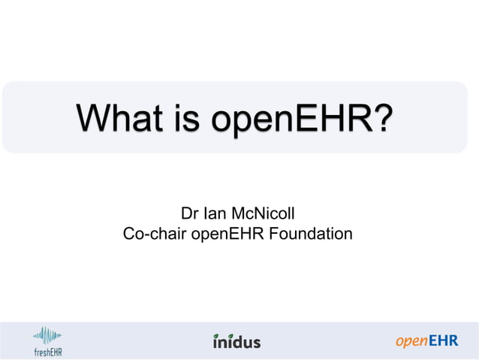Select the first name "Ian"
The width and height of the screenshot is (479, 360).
(x=217, y=213)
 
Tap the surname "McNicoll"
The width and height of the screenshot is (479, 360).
(x=267, y=213)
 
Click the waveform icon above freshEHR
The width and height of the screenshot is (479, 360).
(x=47, y=334)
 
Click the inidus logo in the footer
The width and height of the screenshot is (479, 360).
(x=237, y=341)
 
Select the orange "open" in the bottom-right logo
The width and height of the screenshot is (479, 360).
(x=412, y=342)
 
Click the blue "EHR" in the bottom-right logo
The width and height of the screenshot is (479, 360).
(x=443, y=341)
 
